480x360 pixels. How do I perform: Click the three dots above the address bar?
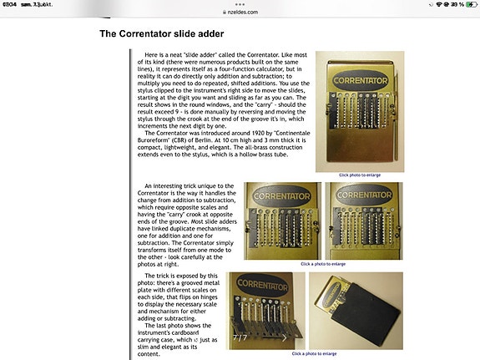point(240,4)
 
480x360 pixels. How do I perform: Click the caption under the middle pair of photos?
point(324,263)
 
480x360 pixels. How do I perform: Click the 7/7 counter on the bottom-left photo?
point(240,337)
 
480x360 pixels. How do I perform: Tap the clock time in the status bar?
point(10,4)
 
